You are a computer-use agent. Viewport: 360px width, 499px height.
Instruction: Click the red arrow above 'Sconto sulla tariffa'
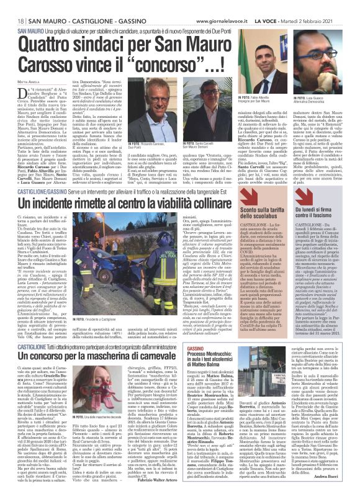click(232, 213)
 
